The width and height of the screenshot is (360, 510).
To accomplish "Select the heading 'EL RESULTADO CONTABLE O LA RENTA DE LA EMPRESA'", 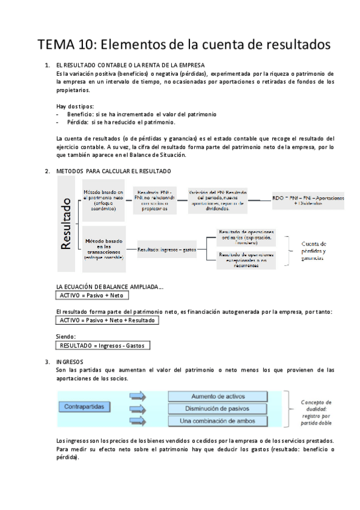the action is (129, 64).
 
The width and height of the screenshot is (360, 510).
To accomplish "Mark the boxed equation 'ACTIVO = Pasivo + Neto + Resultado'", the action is (107, 321).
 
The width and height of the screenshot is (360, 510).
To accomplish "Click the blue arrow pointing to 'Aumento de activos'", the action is (138, 396).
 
